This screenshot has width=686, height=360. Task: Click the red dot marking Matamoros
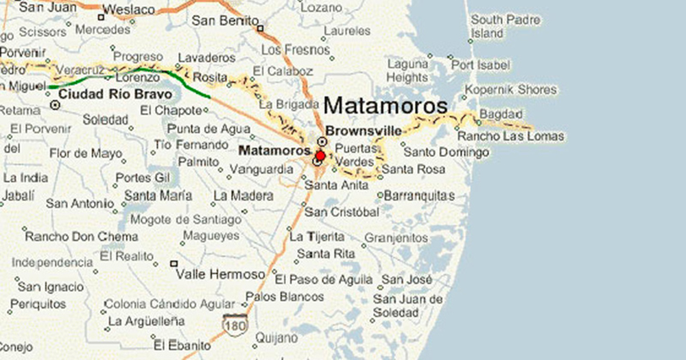click(320, 156)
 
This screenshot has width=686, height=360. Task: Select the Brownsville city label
click(364, 130)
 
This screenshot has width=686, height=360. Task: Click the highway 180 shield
click(235, 324)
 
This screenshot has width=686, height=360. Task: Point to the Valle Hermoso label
click(220, 274)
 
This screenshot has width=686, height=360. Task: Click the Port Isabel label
click(480, 65)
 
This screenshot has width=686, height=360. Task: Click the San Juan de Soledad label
click(407, 306)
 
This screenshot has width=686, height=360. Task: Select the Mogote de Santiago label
click(185, 219)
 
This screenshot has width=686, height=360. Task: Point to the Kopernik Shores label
click(511, 90)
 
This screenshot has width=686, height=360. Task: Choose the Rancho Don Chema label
click(81, 237)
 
